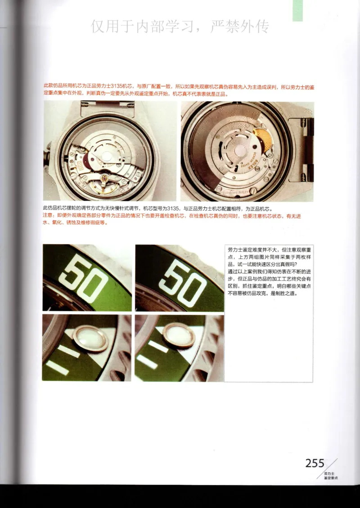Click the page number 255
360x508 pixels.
click(x=315, y=463)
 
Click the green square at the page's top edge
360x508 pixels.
click(x=297, y=10)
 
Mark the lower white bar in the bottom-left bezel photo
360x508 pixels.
click(x=58, y=367)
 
